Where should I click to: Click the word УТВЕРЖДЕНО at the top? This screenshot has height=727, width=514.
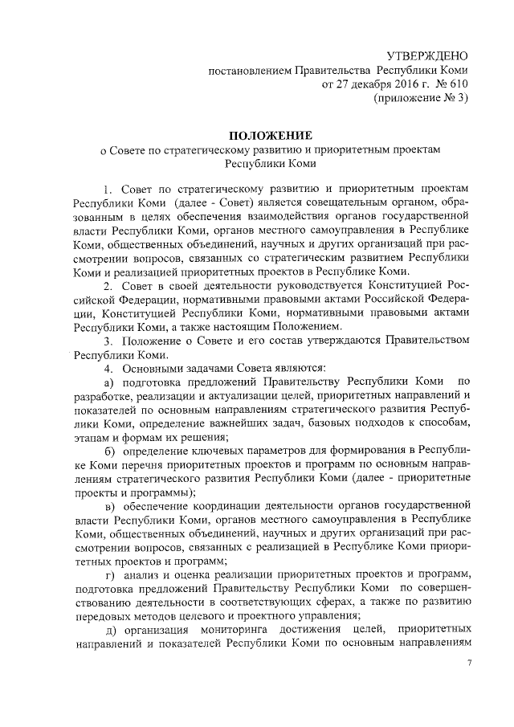426,55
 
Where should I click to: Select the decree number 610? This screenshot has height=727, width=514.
455,84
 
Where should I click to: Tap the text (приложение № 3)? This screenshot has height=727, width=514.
420,98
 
